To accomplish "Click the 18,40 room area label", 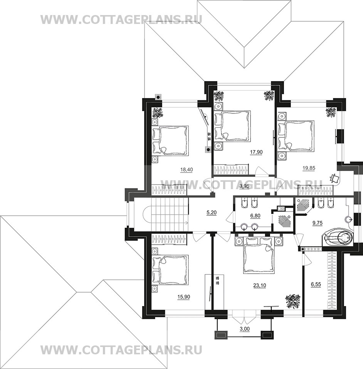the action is point(187,169).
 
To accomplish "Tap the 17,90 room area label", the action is point(256,152).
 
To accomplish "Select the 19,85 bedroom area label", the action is point(309,168).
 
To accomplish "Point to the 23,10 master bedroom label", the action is point(260,286).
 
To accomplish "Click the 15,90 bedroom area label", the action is point(184,297).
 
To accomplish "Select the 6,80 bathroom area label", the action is point(255,215).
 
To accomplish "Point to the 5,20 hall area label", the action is point(211,213).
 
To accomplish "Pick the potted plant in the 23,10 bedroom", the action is point(293,301).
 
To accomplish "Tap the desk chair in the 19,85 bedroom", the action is point(334,178).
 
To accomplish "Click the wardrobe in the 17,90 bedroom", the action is point(231,170).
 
